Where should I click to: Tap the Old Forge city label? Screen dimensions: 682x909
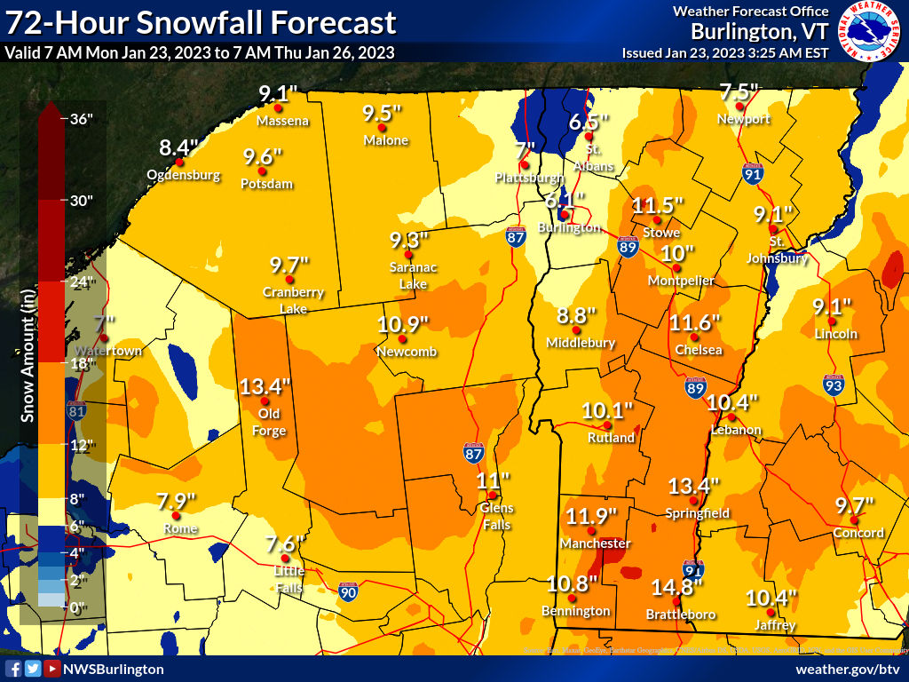(x=271, y=423)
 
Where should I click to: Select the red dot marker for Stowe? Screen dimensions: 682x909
(x=657, y=220)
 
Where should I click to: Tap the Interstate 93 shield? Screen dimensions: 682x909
(x=832, y=385)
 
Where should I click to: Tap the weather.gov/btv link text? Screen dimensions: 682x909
(x=848, y=669)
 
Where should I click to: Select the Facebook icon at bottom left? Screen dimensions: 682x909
(x=13, y=669)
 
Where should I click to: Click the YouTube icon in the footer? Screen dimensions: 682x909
(x=52, y=669)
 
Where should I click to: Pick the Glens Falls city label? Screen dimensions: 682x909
(x=496, y=515)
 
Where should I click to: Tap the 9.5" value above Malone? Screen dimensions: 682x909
(x=383, y=113)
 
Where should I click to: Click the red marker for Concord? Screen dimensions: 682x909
(x=853, y=520)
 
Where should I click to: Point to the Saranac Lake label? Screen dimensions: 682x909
(x=408, y=275)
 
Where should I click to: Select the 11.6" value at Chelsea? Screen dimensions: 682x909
(x=695, y=321)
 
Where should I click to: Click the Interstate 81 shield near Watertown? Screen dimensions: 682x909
(x=77, y=410)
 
